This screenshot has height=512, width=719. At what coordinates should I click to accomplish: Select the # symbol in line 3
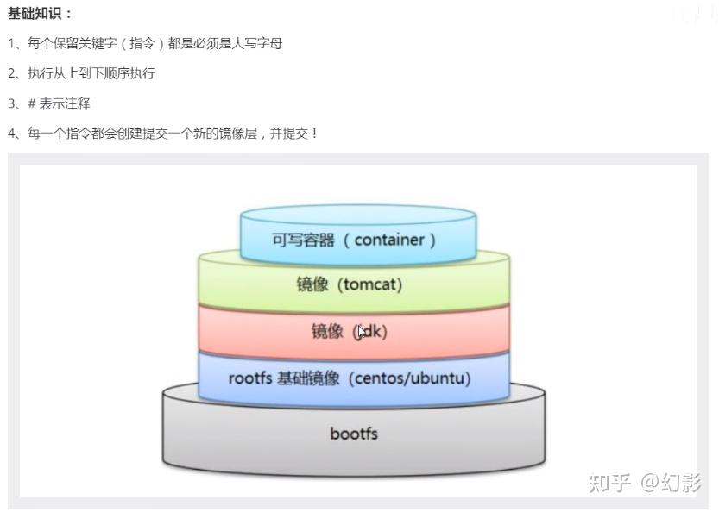[x=31, y=103]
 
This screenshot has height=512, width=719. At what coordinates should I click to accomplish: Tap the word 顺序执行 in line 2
[x=129, y=73]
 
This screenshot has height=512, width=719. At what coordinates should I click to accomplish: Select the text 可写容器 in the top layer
[x=303, y=240]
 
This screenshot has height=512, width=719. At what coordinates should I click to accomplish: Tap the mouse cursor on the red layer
[x=363, y=332]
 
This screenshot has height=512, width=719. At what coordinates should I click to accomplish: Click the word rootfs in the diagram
[x=249, y=378]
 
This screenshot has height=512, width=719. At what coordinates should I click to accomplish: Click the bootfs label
[x=354, y=433]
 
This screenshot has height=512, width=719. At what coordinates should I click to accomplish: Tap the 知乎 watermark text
[x=609, y=483]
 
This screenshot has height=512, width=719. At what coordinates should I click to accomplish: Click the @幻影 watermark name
[x=672, y=483]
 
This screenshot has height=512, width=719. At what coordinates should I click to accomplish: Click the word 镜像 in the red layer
[x=327, y=331]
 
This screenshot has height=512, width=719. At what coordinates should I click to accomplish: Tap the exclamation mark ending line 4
[x=314, y=134]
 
